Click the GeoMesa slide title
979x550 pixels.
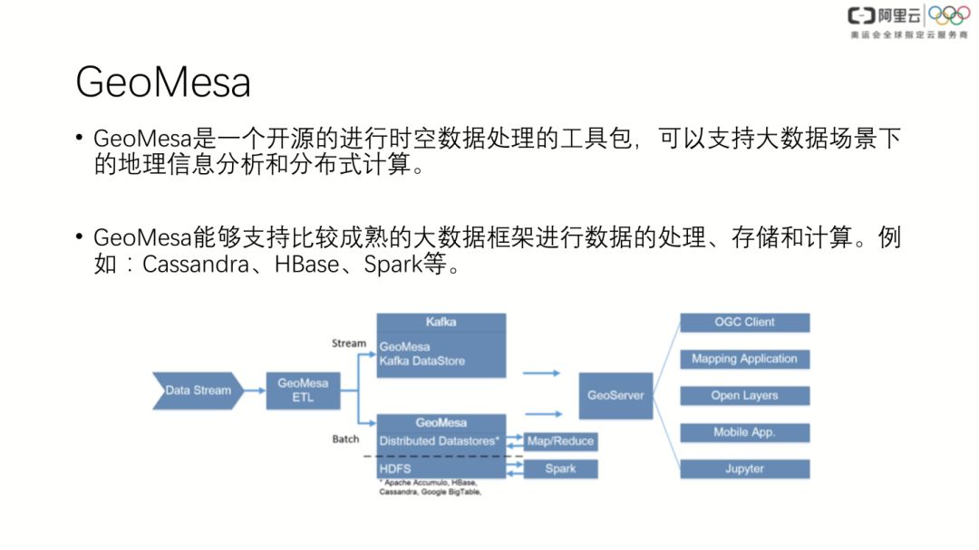(x=163, y=83)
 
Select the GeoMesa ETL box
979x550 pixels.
(x=303, y=391)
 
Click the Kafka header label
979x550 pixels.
(x=441, y=322)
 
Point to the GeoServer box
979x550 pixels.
(x=616, y=395)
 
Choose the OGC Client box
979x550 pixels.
(x=744, y=322)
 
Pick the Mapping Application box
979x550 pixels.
(x=744, y=359)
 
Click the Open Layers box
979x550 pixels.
(x=744, y=396)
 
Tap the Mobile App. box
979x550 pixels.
(x=744, y=432)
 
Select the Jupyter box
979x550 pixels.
(x=744, y=469)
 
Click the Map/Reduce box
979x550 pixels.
(x=560, y=441)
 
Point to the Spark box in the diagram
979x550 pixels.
(x=560, y=468)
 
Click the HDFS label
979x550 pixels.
(x=395, y=468)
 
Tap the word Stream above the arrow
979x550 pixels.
(x=349, y=343)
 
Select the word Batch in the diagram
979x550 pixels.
(x=345, y=439)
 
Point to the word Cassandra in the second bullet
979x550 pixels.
(x=193, y=266)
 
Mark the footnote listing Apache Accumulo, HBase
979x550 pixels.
(x=429, y=487)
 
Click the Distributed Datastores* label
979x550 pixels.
(x=440, y=441)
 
